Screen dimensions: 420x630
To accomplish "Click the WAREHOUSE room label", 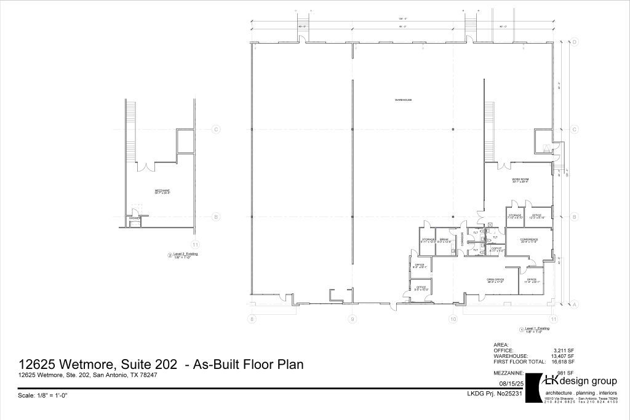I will click(x=403, y=100).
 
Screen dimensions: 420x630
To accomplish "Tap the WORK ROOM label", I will click(x=520, y=179).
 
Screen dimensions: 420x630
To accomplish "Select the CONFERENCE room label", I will click(x=529, y=239).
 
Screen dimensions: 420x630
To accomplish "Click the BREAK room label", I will click(x=444, y=239).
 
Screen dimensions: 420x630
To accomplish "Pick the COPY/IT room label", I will click(x=496, y=248).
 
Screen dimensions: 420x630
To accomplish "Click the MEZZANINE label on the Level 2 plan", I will click(x=162, y=191).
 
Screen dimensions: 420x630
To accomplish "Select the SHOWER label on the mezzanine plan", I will click(x=135, y=218).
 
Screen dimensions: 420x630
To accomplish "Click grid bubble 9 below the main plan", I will click(x=353, y=319).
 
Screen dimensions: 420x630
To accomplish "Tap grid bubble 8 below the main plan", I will click(x=252, y=319).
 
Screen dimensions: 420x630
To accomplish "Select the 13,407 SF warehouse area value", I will click(x=562, y=356).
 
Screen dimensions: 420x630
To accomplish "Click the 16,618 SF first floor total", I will click(x=562, y=362).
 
